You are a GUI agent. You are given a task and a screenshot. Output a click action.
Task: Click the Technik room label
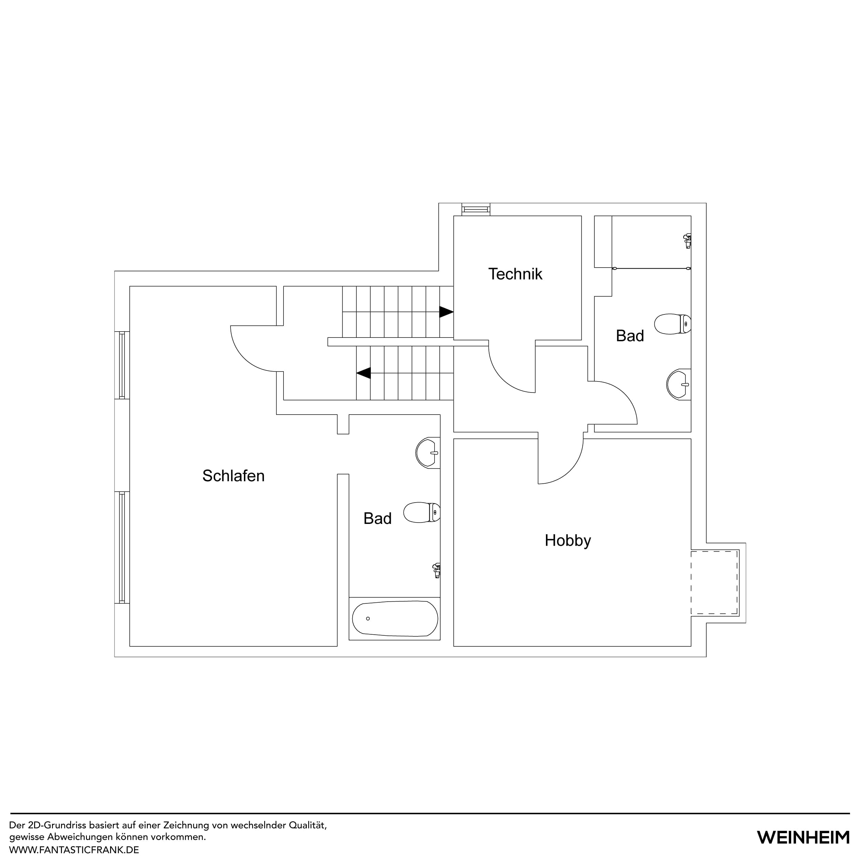[515, 274]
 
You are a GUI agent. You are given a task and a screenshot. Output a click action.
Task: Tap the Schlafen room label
[233, 476]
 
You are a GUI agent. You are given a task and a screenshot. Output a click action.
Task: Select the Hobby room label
[568, 540]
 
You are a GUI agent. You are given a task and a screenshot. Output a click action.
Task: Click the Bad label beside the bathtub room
[377, 519]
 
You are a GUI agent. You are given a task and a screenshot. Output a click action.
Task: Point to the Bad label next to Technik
[630, 336]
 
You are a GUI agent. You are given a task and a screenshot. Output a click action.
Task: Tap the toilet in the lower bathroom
[421, 512]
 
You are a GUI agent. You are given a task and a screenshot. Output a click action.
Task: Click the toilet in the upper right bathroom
[672, 324]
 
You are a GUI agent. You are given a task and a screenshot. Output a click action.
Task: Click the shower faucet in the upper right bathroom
[687, 240]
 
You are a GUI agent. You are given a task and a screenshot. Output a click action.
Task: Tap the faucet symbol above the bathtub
[437, 570]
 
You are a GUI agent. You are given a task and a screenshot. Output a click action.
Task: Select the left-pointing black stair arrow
[364, 373]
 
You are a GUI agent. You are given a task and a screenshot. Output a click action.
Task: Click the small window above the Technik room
[476, 209]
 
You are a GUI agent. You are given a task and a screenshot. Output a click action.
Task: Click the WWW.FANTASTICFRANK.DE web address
[74, 850]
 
